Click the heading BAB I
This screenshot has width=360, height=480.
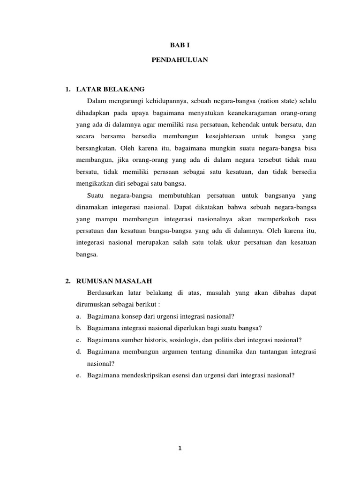click(x=180, y=45)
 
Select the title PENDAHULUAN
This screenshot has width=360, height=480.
click(x=180, y=60)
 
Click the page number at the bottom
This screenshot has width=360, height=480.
click(x=180, y=448)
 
